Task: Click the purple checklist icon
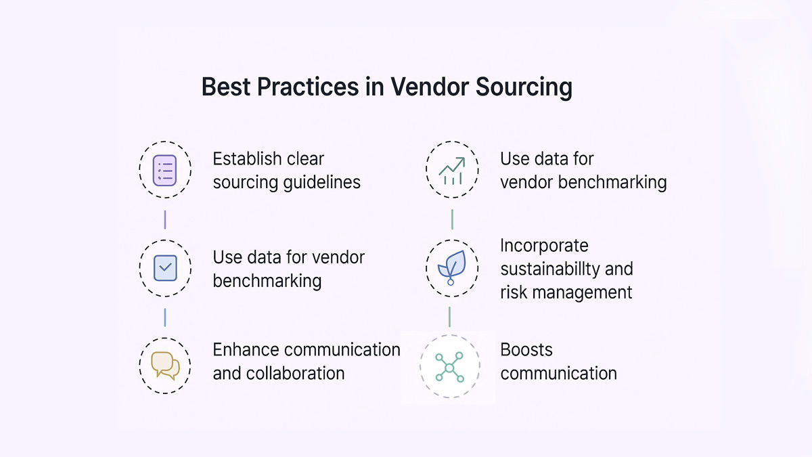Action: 164,170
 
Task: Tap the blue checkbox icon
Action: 164,268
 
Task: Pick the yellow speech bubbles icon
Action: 165,366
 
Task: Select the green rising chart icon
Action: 451,170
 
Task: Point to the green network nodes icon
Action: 449,366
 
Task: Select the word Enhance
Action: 246,350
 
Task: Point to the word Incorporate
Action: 544,245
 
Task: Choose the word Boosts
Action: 526,350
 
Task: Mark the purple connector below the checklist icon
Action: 164,219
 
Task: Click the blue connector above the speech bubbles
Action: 164,317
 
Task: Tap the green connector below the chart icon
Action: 451,219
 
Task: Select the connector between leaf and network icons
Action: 449,317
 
